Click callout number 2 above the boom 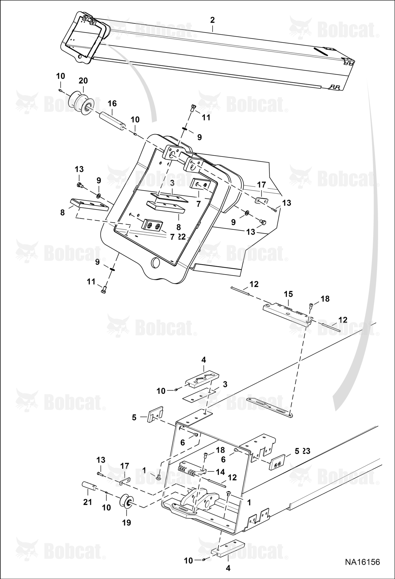212,20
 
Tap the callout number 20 83,80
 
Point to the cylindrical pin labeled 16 113,121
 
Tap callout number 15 288,294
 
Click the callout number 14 220,472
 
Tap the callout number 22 182,237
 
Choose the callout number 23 306,451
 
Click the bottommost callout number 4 228,568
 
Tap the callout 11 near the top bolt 206,117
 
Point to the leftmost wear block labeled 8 89,205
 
